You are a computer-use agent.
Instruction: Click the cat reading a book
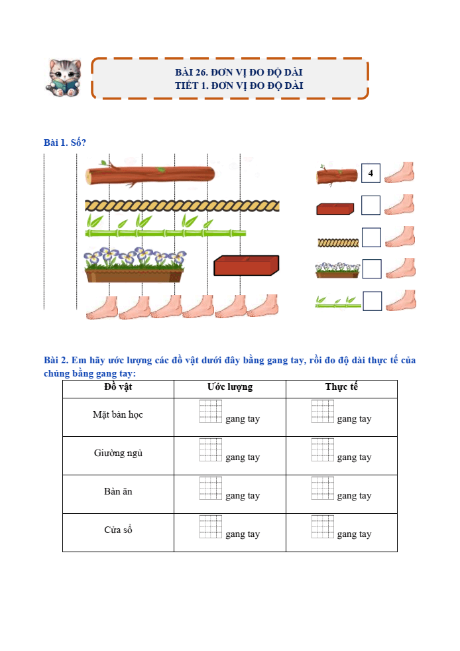click(63, 78)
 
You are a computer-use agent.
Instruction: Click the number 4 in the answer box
click(371, 173)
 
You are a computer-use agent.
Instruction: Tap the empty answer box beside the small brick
click(371, 205)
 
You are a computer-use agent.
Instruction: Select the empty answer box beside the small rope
click(372, 237)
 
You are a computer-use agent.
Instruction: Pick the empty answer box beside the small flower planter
click(372, 269)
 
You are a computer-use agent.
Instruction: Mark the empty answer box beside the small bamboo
click(373, 301)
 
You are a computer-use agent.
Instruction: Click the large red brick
click(246, 266)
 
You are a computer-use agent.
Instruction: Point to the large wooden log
click(150, 174)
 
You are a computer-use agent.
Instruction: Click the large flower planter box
click(134, 265)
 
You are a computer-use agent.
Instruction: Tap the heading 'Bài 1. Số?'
click(65, 143)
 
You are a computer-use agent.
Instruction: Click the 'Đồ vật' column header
click(119, 387)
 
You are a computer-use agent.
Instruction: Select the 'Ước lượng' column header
click(230, 387)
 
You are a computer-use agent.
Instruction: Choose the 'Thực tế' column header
click(341, 386)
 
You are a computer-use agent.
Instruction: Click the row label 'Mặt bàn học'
click(118, 414)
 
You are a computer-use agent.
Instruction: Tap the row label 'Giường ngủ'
click(119, 453)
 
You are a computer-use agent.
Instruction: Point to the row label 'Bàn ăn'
click(119, 491)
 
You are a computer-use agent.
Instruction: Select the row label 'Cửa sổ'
click(119, 530)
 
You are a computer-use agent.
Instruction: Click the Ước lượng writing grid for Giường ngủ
click(211, 449)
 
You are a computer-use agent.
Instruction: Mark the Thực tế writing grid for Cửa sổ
click(323, 526)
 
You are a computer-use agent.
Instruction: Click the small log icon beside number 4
click(337, 175)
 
